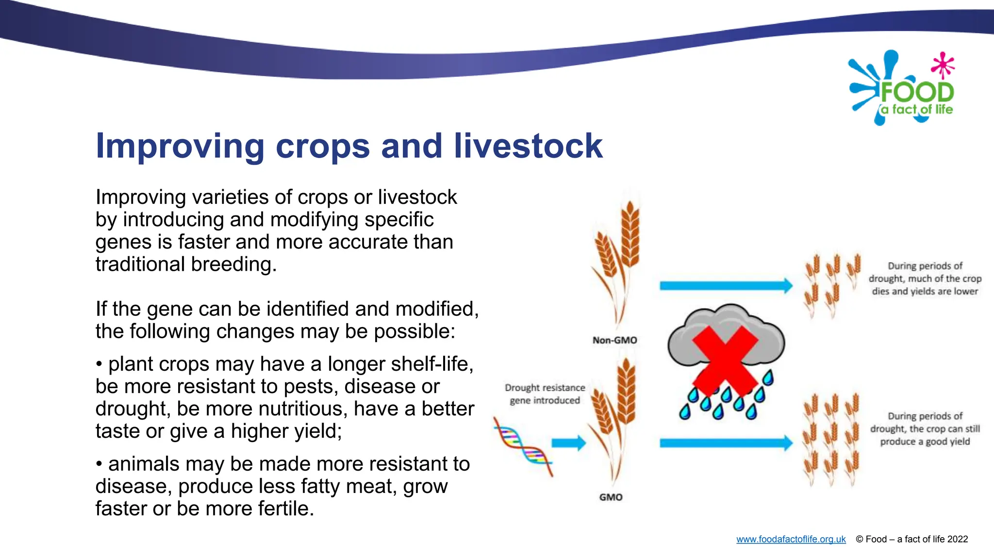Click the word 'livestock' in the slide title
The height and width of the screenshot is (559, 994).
528,146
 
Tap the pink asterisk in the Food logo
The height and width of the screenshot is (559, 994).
943,65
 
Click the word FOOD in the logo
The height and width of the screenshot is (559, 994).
917,92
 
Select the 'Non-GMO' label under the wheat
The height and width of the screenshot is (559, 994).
614,340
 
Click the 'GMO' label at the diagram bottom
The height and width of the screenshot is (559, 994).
611,497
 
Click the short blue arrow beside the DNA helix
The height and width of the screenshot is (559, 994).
568,443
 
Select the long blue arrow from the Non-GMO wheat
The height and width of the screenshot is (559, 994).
725,285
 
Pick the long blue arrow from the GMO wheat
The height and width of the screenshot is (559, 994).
725,443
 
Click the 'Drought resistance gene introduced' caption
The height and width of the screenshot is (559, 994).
545,394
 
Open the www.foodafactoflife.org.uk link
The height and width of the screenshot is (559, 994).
791,539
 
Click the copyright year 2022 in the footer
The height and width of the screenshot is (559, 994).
957,539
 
